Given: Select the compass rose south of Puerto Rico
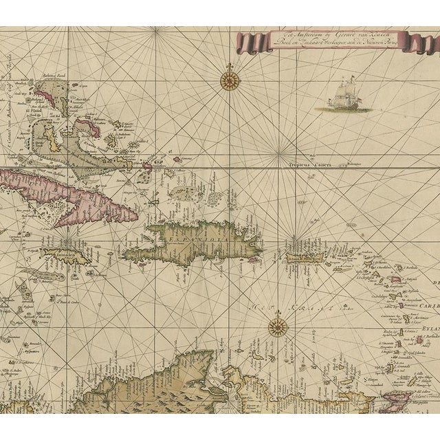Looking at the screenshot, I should (x=277, y=326).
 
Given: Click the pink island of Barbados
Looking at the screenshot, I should (x=397, y=278).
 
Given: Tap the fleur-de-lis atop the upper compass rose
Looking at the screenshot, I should (x=228, y=67).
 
